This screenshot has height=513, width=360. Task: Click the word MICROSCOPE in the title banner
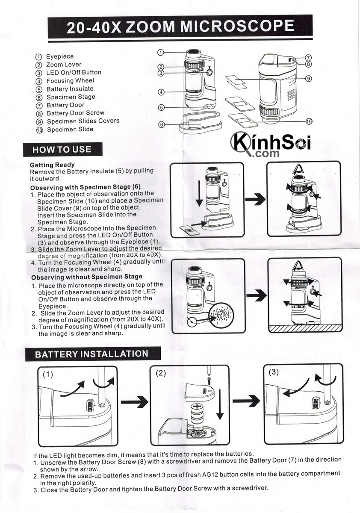(x=237, y=27)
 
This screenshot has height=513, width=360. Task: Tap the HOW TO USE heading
(x=62, y=150)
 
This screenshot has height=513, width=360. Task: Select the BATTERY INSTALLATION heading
(x=91, y=354)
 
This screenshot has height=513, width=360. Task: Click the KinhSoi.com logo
(x=270, y=144)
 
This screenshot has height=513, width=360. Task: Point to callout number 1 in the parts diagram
(x=161, y=53)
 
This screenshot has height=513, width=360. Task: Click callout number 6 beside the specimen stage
(x=162, y=124)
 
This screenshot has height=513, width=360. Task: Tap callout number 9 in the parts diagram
(x=309, y=79)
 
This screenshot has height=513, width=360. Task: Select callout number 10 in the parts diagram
(x=309, y=121)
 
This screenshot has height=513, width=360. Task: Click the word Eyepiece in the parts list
(x=60, y=56)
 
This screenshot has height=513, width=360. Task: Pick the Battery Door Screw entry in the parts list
(x=76, y=113)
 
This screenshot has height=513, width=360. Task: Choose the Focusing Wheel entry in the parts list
(x=70, y=81)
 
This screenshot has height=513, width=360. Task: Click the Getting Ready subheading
(x=52, y=165)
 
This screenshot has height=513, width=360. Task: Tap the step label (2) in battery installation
(x=161, y=373)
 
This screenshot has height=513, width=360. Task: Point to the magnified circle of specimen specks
(x=222, y=315)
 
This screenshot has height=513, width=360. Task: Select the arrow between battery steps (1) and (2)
(x=135, y=402)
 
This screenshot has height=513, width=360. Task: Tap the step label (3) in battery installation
(x=274, y=372)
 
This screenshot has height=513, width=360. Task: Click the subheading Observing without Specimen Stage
(x=87, y=277)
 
